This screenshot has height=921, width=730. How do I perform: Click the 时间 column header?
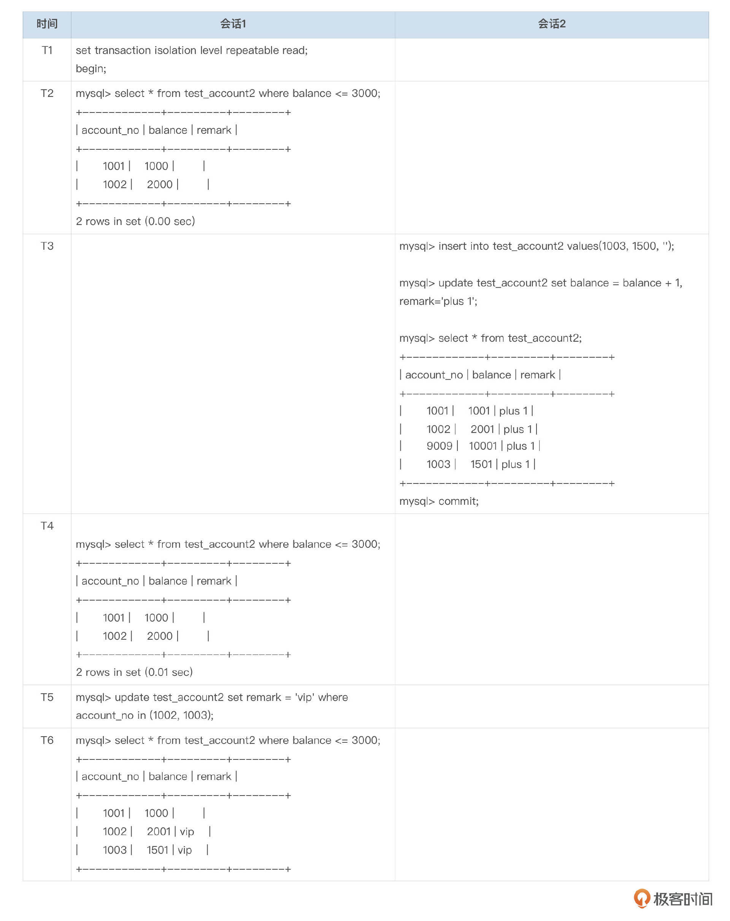[x=47, y=24]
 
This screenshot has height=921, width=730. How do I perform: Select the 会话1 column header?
[x=233, y=24]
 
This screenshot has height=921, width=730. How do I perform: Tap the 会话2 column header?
[x=551, y=24]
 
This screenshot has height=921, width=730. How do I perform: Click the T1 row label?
[x=47, y=51]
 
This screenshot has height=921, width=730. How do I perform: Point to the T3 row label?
[x=47, y=246]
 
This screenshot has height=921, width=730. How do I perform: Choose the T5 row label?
[x=47, y=697]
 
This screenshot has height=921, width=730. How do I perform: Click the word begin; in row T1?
[x=91, y=69]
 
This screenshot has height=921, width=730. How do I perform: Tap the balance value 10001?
[x=482, y=446]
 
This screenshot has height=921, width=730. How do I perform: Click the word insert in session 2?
[x=452, y=246]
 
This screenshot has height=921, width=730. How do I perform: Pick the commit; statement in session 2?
[x=458, y=501]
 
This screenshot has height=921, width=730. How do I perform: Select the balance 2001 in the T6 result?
[x=159, y=831]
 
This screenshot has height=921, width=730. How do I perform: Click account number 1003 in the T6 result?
[x=114, y=850]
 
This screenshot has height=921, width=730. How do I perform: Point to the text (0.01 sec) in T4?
[x=169, y=672]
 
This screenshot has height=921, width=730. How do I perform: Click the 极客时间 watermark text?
[x=682, y=899]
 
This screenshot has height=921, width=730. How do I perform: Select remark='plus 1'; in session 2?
[x=438, y=301]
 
